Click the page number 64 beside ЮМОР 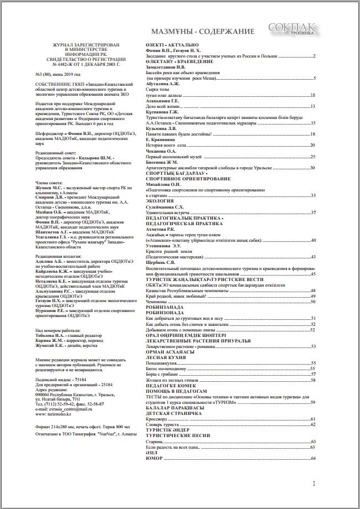tap(313, 458)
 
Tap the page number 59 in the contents tap(313, 402)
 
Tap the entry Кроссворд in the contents tap(156, 419)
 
